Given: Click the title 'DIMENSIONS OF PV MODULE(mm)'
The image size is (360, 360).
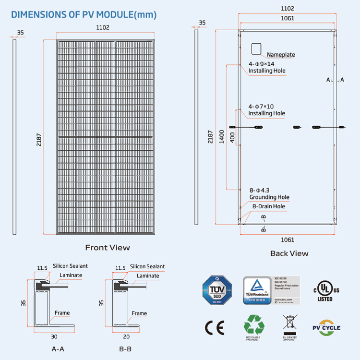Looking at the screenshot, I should pos(84,14).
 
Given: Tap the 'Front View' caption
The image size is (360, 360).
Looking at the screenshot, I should pos(108,248).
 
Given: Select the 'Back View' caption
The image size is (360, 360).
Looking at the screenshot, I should pos(289,253).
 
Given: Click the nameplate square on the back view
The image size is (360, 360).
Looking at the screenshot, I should pos(256,48).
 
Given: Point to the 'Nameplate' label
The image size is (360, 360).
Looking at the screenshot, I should pos(281,55).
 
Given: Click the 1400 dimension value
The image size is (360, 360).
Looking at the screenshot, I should pos(221,137).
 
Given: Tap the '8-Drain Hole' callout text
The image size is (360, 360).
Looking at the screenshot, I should pos(269,206).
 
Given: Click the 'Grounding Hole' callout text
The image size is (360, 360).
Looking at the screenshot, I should pos(269,197).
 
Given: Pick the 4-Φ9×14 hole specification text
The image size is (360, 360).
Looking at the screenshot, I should pos(262,64).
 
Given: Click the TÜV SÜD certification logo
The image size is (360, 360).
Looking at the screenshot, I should pos(216,290).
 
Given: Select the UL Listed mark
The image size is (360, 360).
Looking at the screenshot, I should pos(325,290).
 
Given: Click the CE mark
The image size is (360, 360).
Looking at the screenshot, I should pos(215,328).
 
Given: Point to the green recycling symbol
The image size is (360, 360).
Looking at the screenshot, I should pos(254,325).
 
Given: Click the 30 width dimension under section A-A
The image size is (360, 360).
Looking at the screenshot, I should pos(54,337).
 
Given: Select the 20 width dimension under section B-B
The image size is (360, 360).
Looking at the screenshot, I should pos(125,337).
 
